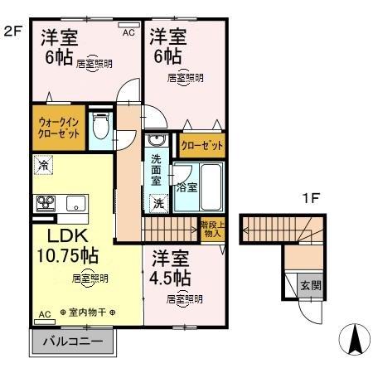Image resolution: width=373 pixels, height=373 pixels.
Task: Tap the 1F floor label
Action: (310, 199)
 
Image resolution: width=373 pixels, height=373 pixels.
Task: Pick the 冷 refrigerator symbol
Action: (41, 166)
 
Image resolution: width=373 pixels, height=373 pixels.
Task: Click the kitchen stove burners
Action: (44, 202)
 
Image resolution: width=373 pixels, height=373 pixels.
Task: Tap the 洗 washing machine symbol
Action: (157, 201)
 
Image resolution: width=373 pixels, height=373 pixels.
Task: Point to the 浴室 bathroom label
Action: (186, 187)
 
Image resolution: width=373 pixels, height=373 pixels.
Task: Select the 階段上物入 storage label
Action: (212, 229)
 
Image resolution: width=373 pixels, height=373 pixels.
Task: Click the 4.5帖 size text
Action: (172, 276)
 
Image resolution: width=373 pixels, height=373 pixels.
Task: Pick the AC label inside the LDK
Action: (45, 313)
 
